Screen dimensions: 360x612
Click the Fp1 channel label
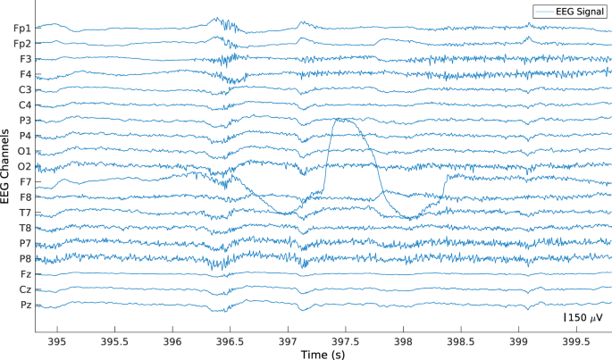21,29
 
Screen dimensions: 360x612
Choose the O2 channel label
22,166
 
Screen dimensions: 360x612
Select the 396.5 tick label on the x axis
230,341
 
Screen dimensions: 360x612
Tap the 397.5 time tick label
345,341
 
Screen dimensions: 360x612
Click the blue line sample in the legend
546,12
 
